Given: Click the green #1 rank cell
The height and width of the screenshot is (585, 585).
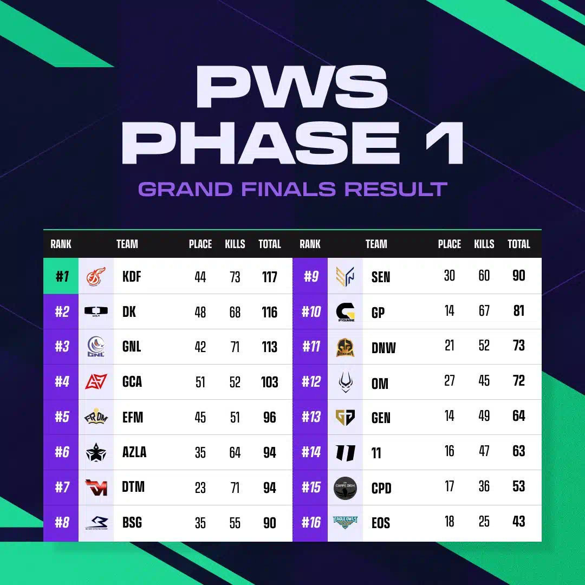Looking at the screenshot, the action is click(x=61, y=276).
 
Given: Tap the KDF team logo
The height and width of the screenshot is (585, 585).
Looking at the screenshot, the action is click(x=96, y=276).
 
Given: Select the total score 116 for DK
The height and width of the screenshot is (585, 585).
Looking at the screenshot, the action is click(x=269, y=312).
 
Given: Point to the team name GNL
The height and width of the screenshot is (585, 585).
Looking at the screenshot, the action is click(x=131, y=347).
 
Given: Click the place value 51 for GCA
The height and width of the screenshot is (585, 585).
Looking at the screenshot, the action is click(x=200, y=382).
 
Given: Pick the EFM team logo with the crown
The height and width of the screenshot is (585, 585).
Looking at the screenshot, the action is click(x=96, y=417).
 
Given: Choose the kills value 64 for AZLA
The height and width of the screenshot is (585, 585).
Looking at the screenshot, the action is click(x=235, y=452).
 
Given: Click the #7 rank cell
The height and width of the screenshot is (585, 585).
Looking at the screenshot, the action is click(x=61, y=487).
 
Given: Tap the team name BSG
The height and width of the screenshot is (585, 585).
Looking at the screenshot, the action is click(x=132, y=523).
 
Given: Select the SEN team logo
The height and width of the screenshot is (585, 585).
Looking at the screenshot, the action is click(x=345, y=276).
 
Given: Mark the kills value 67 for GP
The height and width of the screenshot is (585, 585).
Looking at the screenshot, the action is click(x=484, y=310).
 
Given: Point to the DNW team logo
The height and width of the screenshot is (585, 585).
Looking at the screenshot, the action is click(x=345, y=347).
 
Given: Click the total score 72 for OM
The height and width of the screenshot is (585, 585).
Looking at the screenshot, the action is click(x=518, y=381).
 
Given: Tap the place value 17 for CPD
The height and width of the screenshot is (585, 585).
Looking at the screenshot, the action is click(x=449, y=486).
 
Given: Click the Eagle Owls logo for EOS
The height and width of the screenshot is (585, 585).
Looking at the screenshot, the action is click(x=345, y=523).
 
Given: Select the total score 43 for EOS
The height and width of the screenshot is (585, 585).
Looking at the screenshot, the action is click(x=518, y=521).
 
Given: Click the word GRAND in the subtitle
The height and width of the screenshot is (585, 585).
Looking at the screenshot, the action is click(x=186, y=189).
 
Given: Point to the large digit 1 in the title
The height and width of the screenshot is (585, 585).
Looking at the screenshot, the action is click(x=444, y=143).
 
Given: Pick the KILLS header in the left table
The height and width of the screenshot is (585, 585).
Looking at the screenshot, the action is click(x=235, y=244).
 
